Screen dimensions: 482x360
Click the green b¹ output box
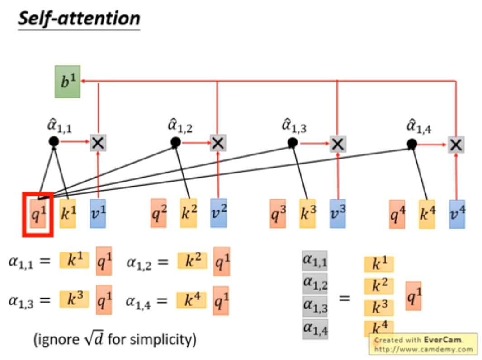point(67,81)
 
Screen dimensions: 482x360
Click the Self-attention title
point(79,19)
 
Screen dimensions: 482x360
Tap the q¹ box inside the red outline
point(38,214)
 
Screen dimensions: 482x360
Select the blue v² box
point(219,213)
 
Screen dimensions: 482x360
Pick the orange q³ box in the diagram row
point(278,213)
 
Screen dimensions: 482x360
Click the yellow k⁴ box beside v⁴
point(426,214)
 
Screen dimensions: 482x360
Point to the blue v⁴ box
point(457,214)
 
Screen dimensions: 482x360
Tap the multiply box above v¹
point(98,143)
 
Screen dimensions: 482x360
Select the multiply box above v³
point(337,144)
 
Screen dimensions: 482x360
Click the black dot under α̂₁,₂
point(175,143)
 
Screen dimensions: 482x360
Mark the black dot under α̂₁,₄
point(411,144)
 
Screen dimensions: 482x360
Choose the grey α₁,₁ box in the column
point(315,261)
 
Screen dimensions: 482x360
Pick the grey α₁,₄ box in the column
point(315,329)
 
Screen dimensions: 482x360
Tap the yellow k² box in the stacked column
point(378,286)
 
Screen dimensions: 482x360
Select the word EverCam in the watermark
point(440,340)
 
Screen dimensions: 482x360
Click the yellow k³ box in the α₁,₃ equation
point(74,299)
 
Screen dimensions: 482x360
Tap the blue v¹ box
point(98,213)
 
